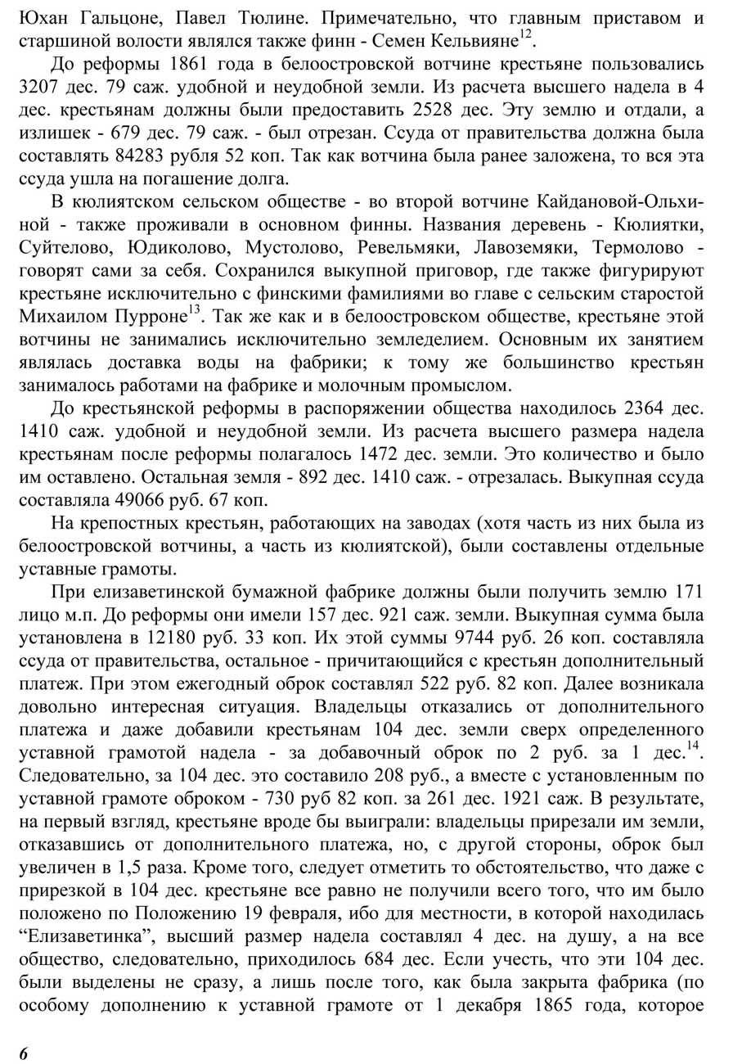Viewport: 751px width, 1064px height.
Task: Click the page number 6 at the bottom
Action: [24, 1053]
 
